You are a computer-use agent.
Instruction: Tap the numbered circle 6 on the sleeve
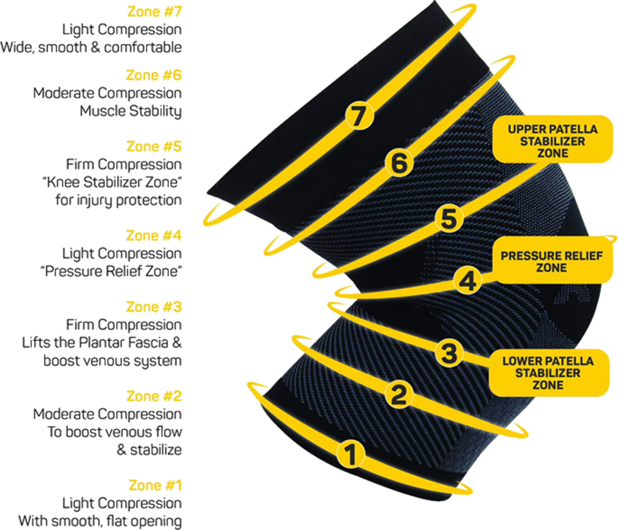pyautogui.click(x=399, y=163)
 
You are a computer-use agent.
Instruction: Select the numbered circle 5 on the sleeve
pyautogui.click(x=448, y=218)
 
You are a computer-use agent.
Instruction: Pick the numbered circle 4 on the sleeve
pyautogui.click(x=467, y=281)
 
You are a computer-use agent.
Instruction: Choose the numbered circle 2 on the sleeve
pyautogui.click(x=399, y=394)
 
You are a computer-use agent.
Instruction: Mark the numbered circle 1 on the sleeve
pyautogui.click(x=351, y=455)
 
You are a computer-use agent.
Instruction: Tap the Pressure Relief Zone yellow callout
pyautogui.click(x=551, y=261)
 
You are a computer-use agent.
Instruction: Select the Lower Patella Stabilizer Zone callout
pyautogui.click(x=548, y=373)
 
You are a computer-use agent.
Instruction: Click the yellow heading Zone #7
pyautogui.click(x=154, y=12)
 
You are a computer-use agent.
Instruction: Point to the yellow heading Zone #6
pyautogui.click(x=154, y=75)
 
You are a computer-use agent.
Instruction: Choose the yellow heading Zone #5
pyautogui.click(x=154, y=147)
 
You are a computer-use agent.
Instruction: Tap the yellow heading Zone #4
pyautogui.click(x=154, y=236)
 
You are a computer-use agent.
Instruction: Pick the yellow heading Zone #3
pyautogui.click(x=154, y=307)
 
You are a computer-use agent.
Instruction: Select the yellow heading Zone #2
pyautogui.click(x=154, y=396)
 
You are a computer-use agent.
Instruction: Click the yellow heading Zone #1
pyautogui.click(x=155, y=485)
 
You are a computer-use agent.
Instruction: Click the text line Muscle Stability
pyautogui.click(x=131, y=111)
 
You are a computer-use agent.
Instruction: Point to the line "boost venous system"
pyautogui.click(x=113, y=361)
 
